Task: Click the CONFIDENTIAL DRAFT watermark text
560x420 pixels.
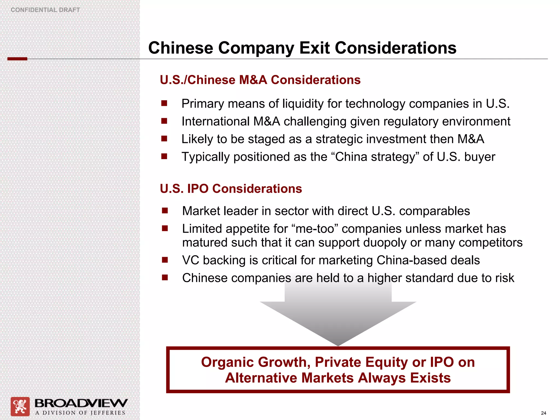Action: pyautogui.click(x=45, y=10)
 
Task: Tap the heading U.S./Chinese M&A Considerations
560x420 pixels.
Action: pyautogui.click(x=260, y=80)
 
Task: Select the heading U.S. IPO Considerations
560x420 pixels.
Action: pyautogui.click(x=231, y=189)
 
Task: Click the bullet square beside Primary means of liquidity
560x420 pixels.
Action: pyautogui.click(x=164, y=103)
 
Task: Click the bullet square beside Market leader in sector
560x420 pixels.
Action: pyautogui.click(x=165, y=211)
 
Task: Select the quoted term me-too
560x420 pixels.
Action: pyautogui.click(x=315, y=229)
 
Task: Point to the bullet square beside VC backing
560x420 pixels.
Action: pyautogui.click(x=165, y=260)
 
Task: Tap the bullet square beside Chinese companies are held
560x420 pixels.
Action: pyautogui.click(x=165, y=278)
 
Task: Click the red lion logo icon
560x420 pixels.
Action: pyautogui.click(x=20, y=406)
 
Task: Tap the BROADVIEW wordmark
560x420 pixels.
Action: pyautogui.click(x=81, y=403)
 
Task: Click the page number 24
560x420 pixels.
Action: pyautogui.click(x=543, y=413)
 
